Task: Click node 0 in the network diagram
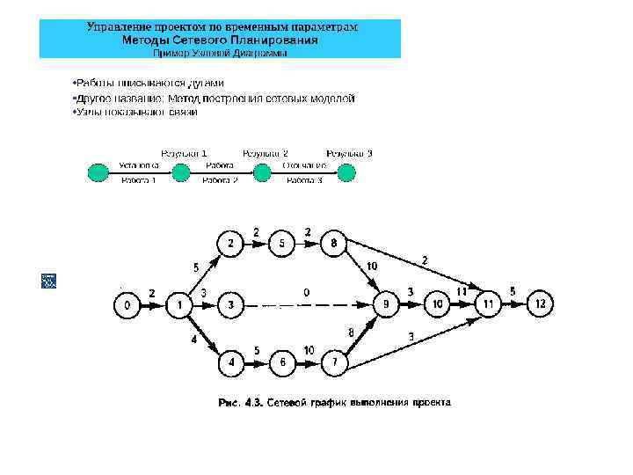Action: pyautogui.click(x=127, y=305)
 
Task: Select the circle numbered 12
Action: pyautogui.click(x=540, y=304)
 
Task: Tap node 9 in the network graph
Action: pyautogui.click(x=384, y=305)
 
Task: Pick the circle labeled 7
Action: pyautogui.click(x=334, y=362)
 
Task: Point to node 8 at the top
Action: pyautogui.click(x=333, y=242)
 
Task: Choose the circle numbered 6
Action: pyautogui.click(x=281, y=362)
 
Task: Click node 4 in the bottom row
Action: pyautogui.click(x=230, y=362)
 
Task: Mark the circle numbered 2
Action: pyautogui.click(x=230, y=242)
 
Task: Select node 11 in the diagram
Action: pyautogui.click(x=487, y=304)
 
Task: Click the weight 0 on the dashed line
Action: pyautogui.click(x=306, y=291)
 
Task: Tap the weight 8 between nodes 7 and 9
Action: pyautogui.click(x=351, y=332)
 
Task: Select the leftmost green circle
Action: pyautogui.click(x=96, y=172)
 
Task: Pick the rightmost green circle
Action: pyautogui.click(x=346, y=172)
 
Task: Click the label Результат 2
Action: pyautogui.click(x=265, y=153)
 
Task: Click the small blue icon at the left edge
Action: pyautogui.click(x=48, y=281)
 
